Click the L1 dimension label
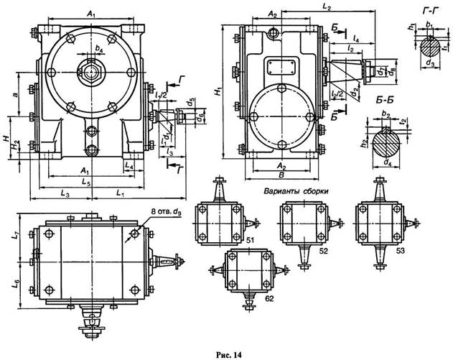tap(119, 194)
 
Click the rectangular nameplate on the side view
tap(284, 65)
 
